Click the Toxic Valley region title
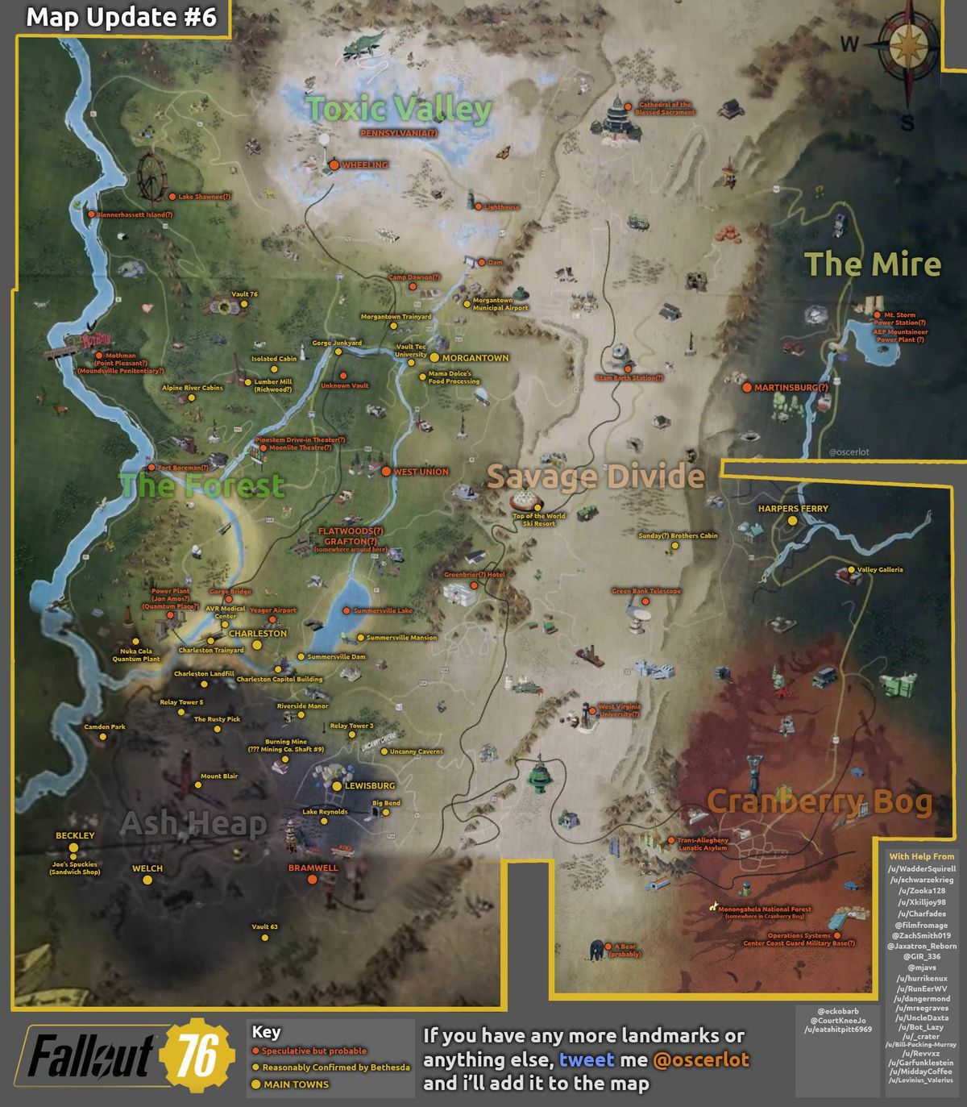(x=399, y=109)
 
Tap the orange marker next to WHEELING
(x=334, y=165)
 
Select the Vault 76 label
(x=244, y=294)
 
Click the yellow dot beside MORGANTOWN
(x=434, y=357)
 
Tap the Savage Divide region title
(x=596, y=477)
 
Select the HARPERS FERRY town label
(x=792, y=509)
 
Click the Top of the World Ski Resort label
(x=539, y=519)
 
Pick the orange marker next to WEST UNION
(x=386, y=472)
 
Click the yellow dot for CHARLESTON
(x=257, y=645)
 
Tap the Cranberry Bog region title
(x=819, y=801)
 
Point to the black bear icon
(x=596, y=950)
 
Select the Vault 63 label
(x=264, y=926)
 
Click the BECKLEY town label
(x=75, y=835)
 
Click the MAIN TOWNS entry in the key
(x=296, y=1084)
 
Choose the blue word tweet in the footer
(x=587, y=1059)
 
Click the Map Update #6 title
(x=121, y=18)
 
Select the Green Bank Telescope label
(x=646, y=591)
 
